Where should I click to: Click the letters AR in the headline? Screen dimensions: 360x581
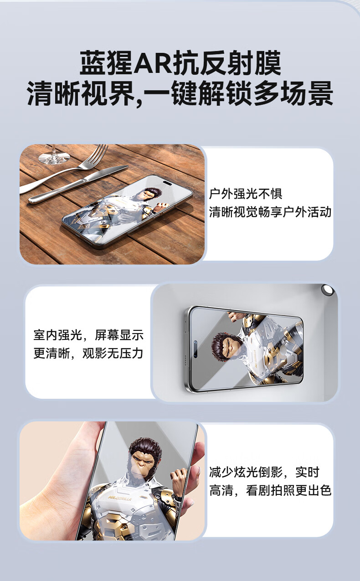154,63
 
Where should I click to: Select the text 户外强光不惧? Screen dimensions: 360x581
245,194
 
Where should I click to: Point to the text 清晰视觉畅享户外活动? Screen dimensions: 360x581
270,211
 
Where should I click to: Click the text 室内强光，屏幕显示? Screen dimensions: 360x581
88,335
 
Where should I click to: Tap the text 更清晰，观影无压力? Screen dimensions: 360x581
88,353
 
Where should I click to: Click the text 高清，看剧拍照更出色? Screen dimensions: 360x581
270,490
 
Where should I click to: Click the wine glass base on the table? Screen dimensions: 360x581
54,158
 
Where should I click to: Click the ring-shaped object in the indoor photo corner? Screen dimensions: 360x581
328,290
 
